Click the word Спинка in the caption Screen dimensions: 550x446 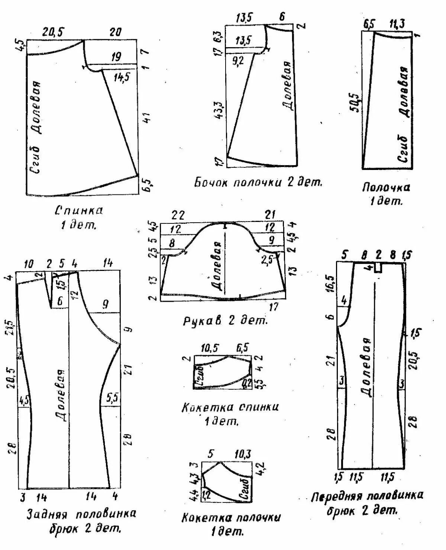pyautogui.click(x=79, y=211)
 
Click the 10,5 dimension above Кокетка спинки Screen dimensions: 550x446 pyautogui.click(x=210, y=348)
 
